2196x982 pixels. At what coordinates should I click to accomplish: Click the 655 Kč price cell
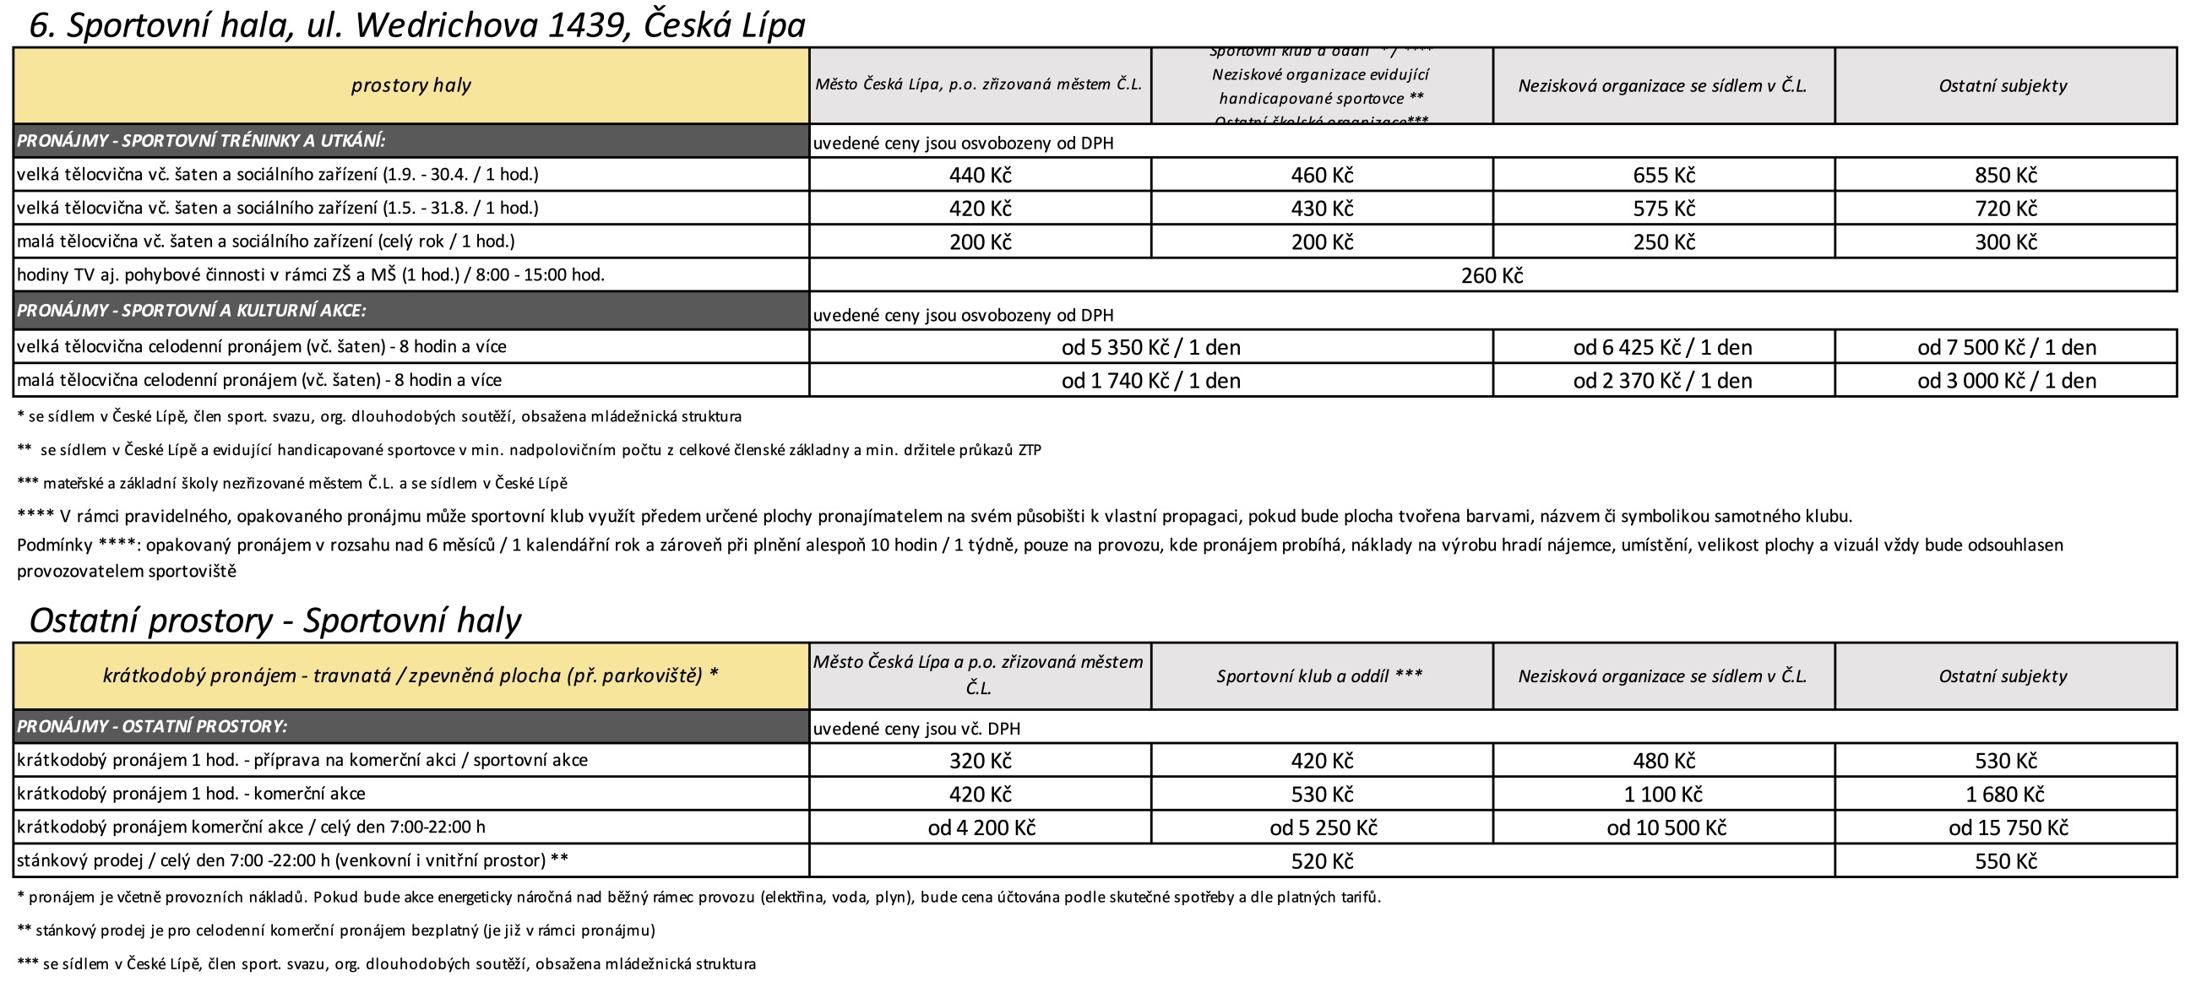(1663, 175)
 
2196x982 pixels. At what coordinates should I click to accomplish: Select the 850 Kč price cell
(2005, 175)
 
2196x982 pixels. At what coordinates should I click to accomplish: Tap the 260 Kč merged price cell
(1492, 275)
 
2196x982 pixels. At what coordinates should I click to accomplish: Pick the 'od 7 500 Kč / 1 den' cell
(2006, 347)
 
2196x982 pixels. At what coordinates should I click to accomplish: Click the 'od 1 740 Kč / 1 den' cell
(1151, 380)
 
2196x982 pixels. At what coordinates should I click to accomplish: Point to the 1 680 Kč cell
(2005, 795)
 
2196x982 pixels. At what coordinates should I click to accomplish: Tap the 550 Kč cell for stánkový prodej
(2005, 861)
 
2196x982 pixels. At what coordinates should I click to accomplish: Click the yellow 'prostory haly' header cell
(410, 85)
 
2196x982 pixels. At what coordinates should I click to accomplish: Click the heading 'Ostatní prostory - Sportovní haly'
(274, 621)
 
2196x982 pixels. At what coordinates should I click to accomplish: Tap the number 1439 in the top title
(587, 25)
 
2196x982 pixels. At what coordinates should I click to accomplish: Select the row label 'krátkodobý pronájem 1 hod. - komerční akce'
(191, 794)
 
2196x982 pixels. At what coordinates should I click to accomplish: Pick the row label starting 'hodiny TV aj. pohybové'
(310, 275)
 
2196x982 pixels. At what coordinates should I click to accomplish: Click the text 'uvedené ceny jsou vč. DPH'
(916, 729)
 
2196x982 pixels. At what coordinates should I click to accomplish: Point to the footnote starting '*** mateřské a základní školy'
(291, 483)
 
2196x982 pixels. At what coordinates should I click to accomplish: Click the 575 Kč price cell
(1663, 209)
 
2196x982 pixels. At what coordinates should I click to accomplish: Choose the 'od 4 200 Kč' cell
(981, 827)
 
